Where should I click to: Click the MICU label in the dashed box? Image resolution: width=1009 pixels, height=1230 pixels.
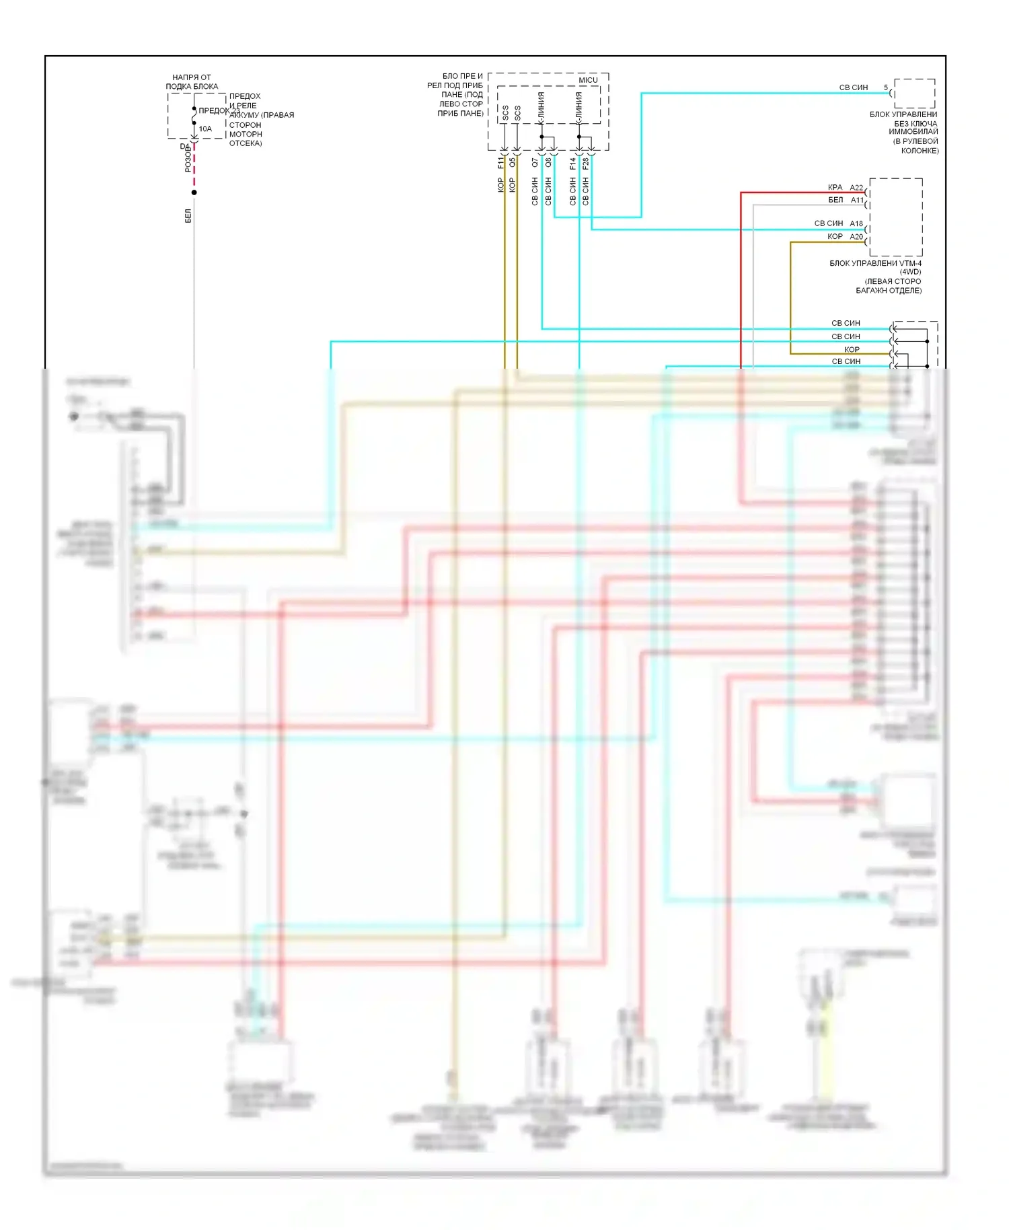click(x=588, y=80)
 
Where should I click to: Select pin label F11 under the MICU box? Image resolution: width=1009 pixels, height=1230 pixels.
click(x=500, y=163)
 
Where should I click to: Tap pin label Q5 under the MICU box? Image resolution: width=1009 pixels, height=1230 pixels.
click(x=513, y=163)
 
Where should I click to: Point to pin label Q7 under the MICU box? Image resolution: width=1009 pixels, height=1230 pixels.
click(x=535, y=163)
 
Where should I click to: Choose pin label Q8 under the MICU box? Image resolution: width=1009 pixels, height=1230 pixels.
click(x=548, y=163)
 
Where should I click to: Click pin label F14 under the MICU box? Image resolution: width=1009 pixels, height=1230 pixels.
click(x=573, y=163)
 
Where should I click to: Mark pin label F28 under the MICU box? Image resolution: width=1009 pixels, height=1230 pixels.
click(x=586, y=163)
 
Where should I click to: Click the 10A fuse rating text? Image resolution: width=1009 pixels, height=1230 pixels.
click(x=205, y=129)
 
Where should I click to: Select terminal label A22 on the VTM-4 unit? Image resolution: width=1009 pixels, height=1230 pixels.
click(x=856, y=188)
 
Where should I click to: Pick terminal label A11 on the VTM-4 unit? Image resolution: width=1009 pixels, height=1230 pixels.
click(x=857, y=200)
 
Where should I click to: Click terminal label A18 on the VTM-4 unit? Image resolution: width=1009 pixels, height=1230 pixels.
click(x=856, y=223)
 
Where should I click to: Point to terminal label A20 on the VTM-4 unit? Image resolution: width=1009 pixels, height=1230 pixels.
click(x=856, y=236)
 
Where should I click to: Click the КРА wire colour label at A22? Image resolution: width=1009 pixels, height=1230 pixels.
click(x=835, y=187)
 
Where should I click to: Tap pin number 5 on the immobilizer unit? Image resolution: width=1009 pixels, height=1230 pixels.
click(x=886, y=87)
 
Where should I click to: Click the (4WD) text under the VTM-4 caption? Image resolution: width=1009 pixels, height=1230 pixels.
click(x=910, y=272)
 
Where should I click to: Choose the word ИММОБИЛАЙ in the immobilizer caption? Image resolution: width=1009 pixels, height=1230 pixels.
click(x=913, y=132)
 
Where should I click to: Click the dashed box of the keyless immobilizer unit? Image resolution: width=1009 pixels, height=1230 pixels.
click(x=914, y=94)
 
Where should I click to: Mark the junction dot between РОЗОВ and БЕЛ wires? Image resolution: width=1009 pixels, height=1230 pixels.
click(x=194, y=192)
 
